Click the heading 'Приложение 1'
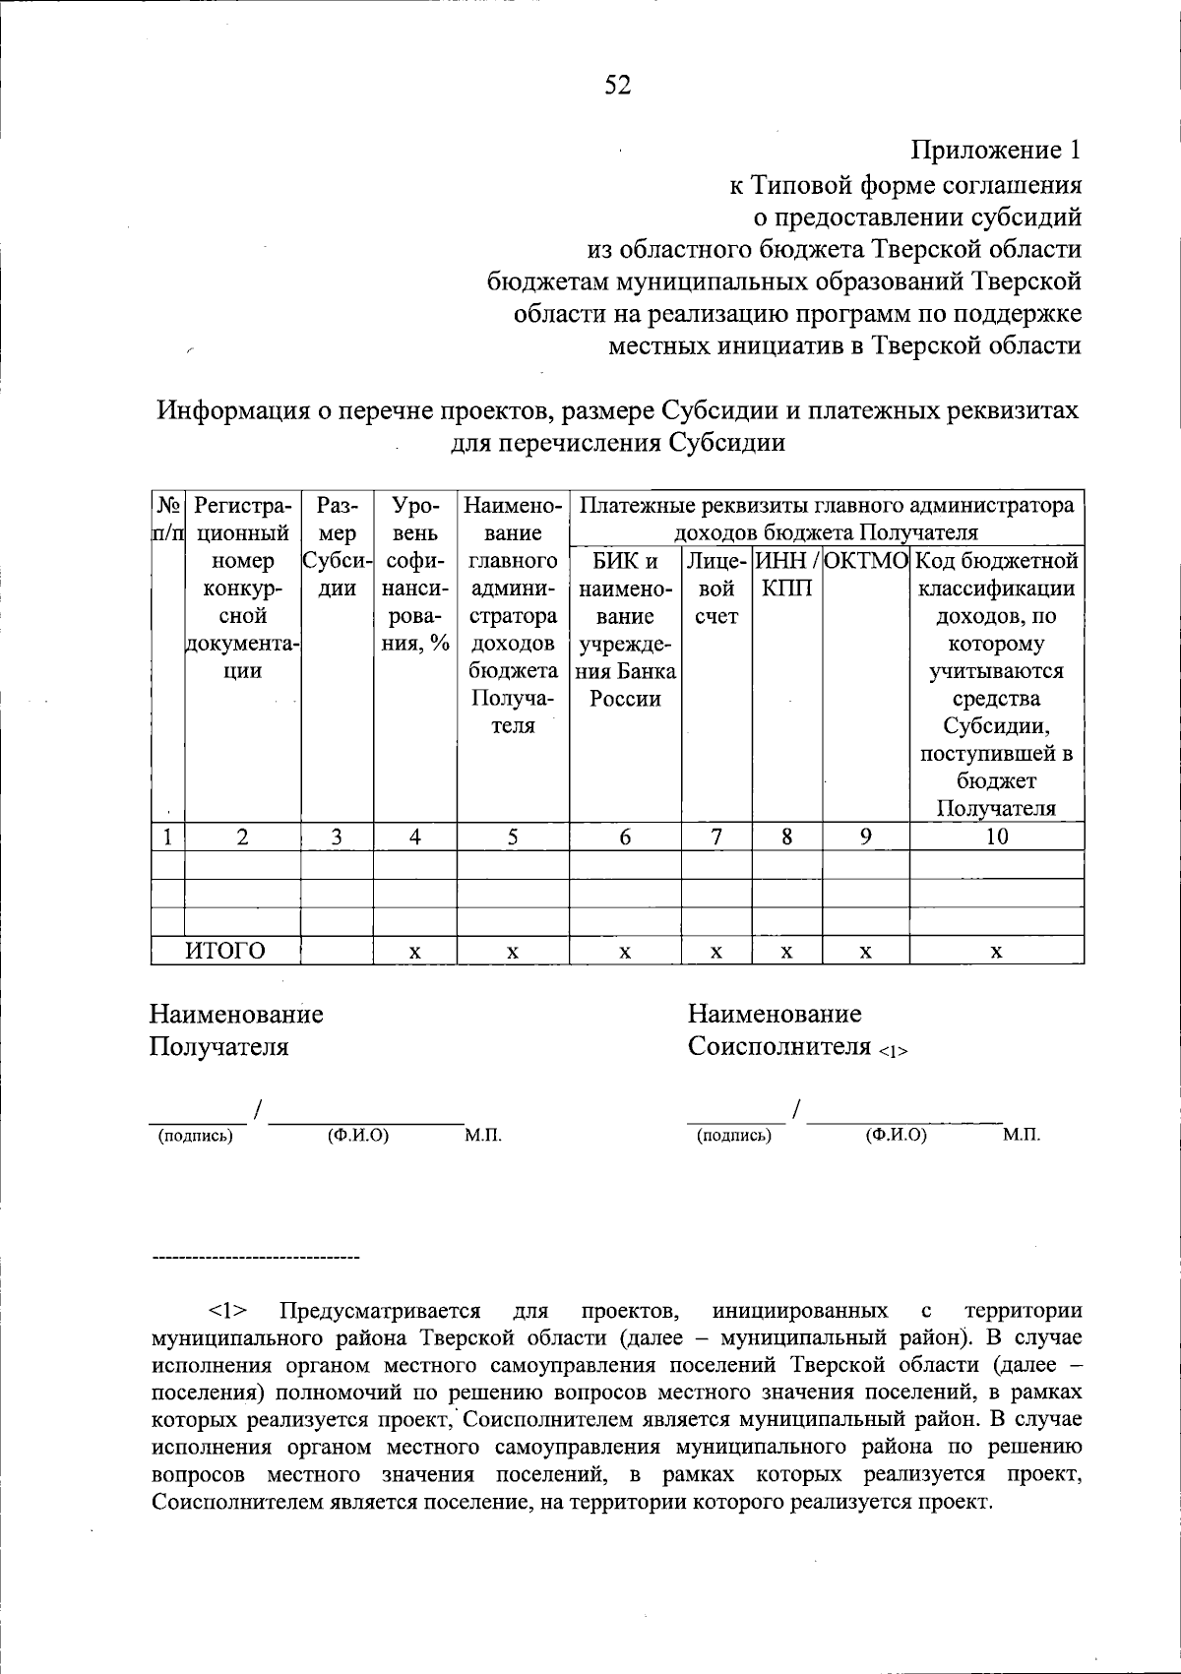(995, 151)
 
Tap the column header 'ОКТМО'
(865, 562)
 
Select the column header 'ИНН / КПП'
(786, 575)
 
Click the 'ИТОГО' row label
(226, 951)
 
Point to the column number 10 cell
(996, 837)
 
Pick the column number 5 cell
(513, 837)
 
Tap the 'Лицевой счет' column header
(716, 589)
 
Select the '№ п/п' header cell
(167, 520)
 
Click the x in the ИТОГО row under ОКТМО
(865, 952)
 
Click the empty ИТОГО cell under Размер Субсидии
(337, 951)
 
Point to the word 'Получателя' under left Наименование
(218, 1046)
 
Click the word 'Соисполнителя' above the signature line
(779, 1045)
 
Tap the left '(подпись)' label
(196, 1137)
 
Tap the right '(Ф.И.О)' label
(896, 1136)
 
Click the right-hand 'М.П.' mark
(1021, 1136)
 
